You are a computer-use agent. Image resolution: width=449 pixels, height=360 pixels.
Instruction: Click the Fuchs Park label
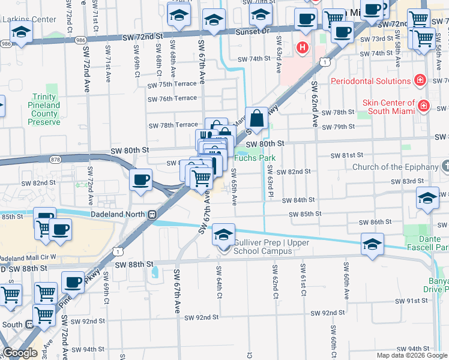pos(255,158)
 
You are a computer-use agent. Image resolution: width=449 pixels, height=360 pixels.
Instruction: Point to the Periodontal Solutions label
pos(370,81)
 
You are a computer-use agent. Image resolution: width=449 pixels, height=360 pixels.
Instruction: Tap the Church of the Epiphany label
pos(396,167)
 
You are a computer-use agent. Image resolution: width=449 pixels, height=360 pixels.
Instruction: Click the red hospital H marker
pos(303,47)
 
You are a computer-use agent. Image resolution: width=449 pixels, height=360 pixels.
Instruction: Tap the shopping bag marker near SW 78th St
pos(257,119)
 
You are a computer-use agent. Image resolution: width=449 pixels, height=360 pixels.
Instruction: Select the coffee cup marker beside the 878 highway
pos(141,179)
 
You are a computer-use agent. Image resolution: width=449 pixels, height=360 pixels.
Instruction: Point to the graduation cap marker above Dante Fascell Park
pos(372,245)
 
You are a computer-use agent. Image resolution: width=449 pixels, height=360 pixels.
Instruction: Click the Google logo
pos(20,353)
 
